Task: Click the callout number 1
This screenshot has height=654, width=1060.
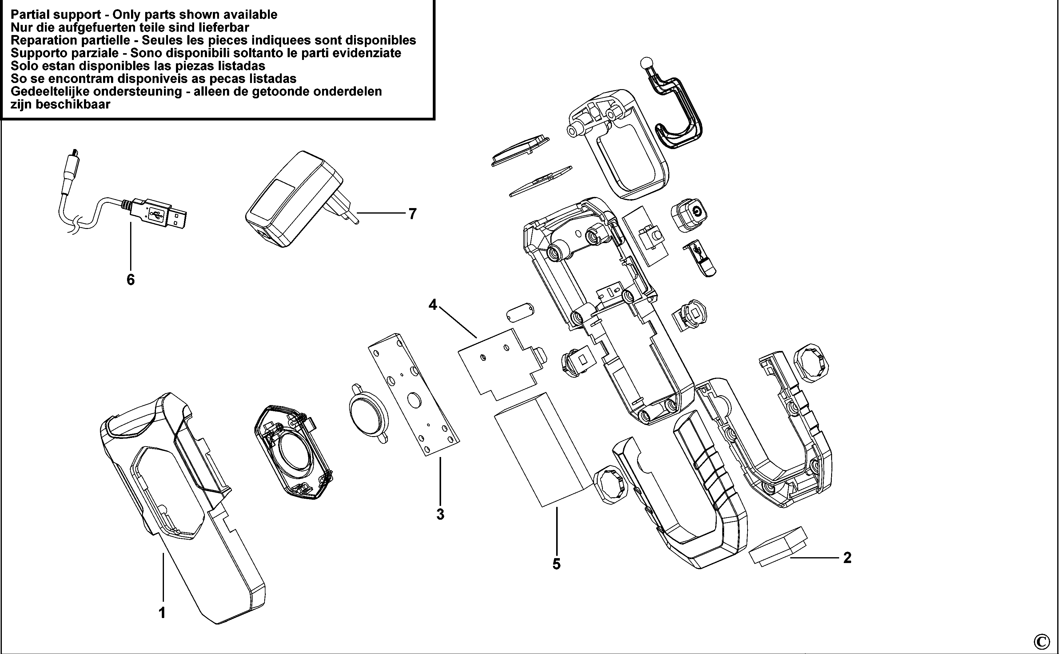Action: (162, 613)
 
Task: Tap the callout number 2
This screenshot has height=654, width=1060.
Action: (847, 557)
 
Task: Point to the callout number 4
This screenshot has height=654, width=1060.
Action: (432, 305)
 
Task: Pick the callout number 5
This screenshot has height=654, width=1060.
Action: (556, 564)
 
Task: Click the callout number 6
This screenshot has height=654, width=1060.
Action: (130, 280)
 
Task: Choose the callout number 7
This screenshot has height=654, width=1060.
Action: (412, 214)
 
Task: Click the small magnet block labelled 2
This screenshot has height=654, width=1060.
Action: (778, 546)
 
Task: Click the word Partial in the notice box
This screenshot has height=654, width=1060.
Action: (31, 15)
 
